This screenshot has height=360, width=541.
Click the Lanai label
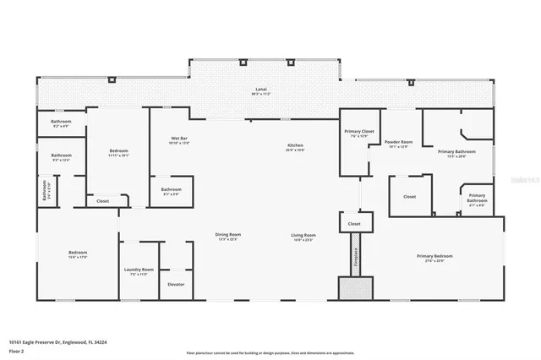262,90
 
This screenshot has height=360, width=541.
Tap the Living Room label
303,236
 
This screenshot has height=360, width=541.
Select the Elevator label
176,284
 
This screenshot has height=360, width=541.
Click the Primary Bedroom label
434,257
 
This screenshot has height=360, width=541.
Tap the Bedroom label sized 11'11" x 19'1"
117,152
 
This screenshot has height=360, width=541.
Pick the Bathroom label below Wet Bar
172,190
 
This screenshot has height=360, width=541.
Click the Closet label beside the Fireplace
354,223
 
